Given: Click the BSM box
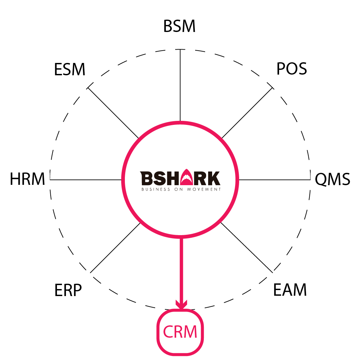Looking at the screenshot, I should point(180,27).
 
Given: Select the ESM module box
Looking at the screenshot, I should point(70,70).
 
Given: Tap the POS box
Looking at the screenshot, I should point(290,69).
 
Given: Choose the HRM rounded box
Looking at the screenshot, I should point(27,180).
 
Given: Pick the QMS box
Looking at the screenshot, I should point(332,180).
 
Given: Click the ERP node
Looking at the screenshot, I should point(69,290).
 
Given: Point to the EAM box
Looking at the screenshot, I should point(290,290).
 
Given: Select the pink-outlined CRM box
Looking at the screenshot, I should point(180,332).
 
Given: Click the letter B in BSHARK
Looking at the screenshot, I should point(146,178).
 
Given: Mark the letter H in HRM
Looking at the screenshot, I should point(15,180).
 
